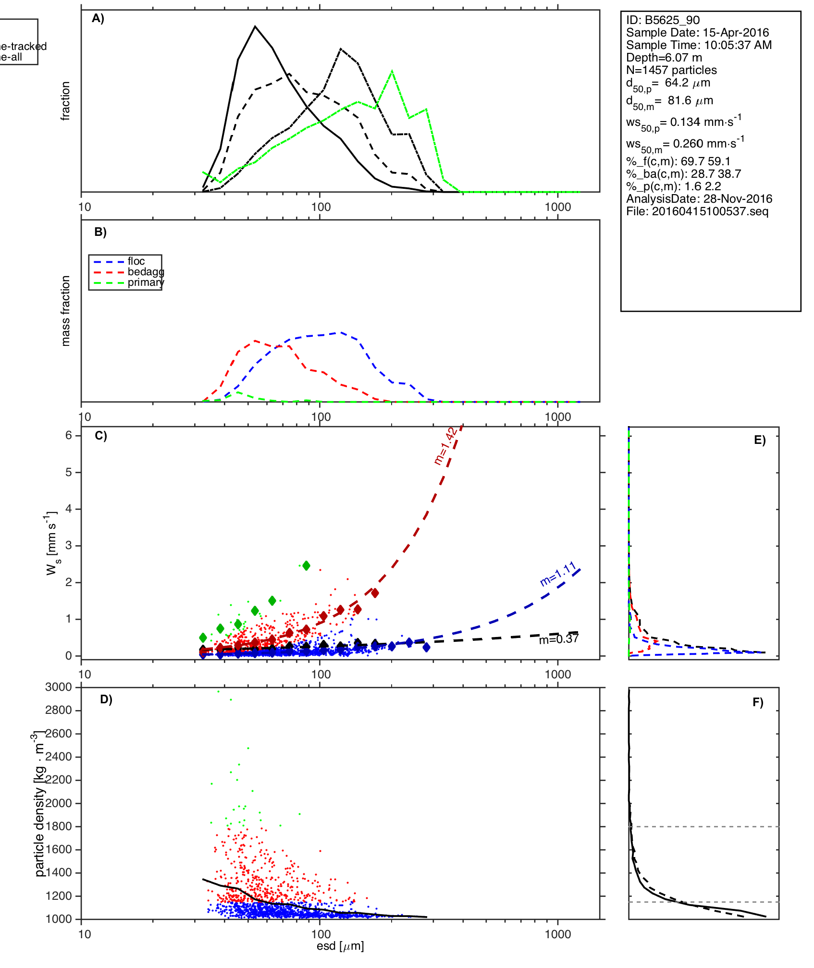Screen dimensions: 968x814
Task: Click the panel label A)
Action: pyautogui.click(x=98, y=18)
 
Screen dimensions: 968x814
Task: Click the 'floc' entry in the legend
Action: pyautogui.click(x=136, y=261)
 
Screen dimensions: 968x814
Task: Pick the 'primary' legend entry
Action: pyautogui.click(x=145, y=282)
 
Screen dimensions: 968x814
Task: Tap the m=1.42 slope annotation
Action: pyautogui.click(x=445, y=446)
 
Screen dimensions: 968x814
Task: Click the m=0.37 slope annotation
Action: pyautogui.click(x=558, y=639)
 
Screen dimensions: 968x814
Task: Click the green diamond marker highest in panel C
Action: pyautogui.click(x=306, y=566)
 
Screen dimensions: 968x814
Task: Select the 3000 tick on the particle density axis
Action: pyautogui.click(x=58, y=687)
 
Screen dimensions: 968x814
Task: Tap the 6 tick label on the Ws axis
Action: pyautogui.click(x=69, y=435)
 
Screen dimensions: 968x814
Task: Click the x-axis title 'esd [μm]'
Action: pyautogui.click(x=340, y=946)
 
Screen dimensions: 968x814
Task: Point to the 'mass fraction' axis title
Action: pyautogui.click(x=65, y=311)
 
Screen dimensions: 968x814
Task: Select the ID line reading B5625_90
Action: pyautogui.click(x=663, y=20)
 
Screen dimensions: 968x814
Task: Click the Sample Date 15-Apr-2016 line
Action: pyautogui.click(x=697, y=33)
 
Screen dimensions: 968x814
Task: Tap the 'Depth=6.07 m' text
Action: pyautogui.click(x=664, y=58)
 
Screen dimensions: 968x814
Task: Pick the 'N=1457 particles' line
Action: pyautogui.click(x=671, y=70)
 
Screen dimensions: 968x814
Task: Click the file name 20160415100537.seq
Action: pyautogui.click(x=697, y=211)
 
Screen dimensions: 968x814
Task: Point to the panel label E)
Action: pyautogui.click(x=760, y=441)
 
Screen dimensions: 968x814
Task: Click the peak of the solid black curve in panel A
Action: pyautogui.click(x=255, y=26)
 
